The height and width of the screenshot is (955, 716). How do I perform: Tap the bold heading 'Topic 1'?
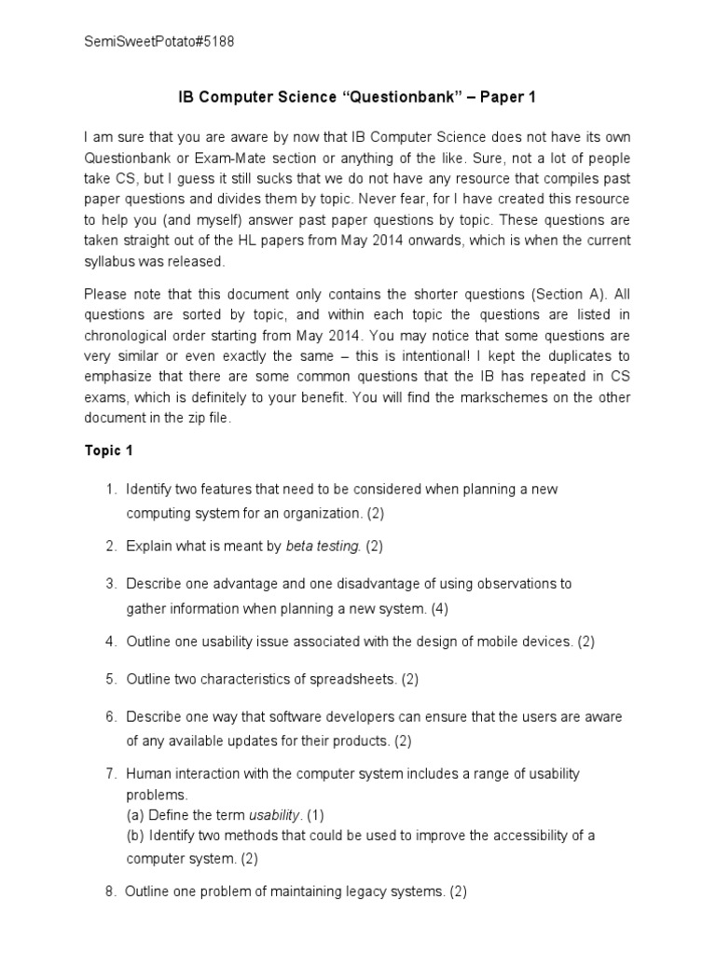coord(109,450)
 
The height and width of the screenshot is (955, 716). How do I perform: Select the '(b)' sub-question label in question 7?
coord(136,835)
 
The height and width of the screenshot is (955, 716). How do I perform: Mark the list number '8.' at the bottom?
coord(110,892)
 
